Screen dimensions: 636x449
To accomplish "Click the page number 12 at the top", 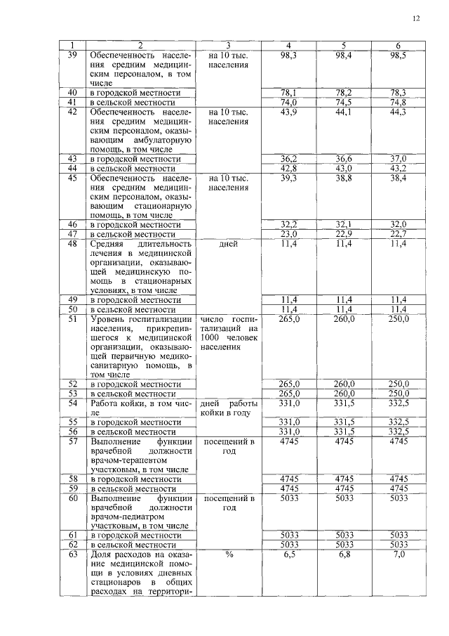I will coord(416,19).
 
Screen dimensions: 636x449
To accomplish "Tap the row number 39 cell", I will coord(72,55).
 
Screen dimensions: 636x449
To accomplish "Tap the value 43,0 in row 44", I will coord(344,169).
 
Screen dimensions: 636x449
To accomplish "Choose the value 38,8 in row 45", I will coord(344,179).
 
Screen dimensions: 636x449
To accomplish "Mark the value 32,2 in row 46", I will coord(290,224).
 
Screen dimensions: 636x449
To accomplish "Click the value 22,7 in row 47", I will coord(398,234).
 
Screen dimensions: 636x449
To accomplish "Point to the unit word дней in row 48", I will coord(229,245).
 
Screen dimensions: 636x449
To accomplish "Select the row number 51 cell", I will coord(72,319).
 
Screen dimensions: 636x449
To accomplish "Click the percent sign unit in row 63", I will coord(229,554).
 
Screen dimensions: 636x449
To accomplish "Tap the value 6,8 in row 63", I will coord(344,554).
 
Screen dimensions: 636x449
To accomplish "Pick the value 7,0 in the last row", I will coord(398,554).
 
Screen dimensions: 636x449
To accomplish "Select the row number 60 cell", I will coord(72,498).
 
